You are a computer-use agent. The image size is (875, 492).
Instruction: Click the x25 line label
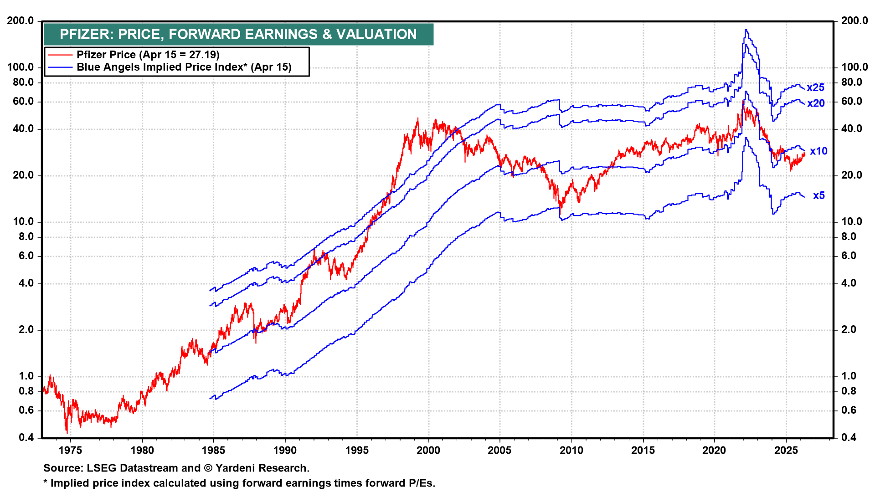815,88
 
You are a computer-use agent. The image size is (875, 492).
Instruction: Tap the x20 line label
816,103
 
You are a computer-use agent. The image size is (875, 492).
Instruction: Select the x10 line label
818,151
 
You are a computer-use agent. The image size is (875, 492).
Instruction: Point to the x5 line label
819,195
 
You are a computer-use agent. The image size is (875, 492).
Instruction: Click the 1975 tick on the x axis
71,450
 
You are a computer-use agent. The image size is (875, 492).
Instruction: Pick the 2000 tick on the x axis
428,450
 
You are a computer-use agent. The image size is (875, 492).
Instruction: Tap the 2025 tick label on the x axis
786,450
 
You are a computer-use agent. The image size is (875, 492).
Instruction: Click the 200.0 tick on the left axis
21,20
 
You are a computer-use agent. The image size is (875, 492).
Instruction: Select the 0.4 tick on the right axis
849,437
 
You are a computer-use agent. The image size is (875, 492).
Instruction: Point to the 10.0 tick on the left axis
21,222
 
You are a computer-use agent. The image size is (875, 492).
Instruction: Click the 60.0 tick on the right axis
852,101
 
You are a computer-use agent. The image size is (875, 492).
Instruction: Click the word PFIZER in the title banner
86,34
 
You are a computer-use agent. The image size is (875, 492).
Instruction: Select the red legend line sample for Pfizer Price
60,55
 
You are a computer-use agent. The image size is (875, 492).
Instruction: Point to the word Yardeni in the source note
236,468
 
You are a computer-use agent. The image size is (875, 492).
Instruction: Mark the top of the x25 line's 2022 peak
746,30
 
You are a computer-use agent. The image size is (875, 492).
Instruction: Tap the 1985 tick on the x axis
213,450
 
